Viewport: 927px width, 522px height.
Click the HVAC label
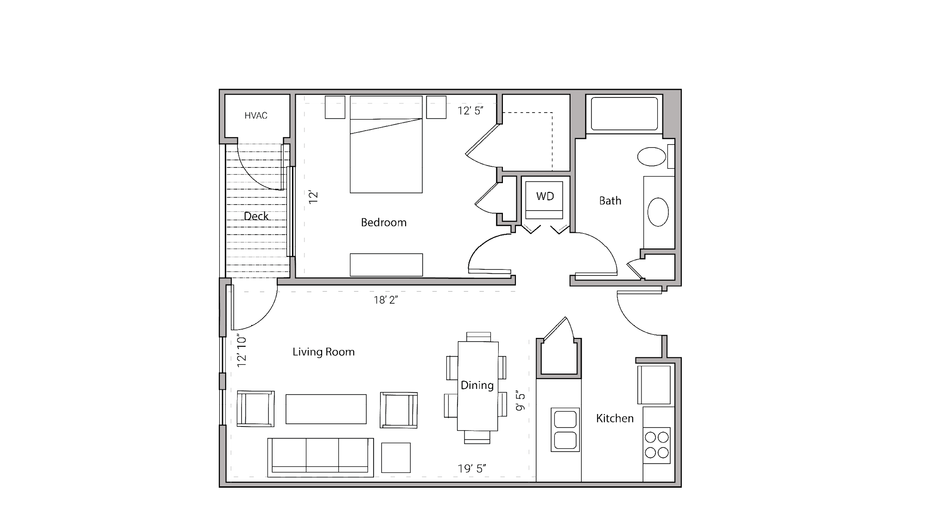point(256,115)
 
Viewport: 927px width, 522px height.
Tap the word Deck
point(256,216)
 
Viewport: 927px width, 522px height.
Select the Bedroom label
point(383,223)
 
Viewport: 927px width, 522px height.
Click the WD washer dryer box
point(545,197)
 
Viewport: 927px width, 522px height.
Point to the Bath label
point(610,201)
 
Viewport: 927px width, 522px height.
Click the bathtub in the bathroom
point(624,114)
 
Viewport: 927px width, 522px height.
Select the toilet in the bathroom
point(652,157)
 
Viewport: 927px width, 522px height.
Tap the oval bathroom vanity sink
point(658,212)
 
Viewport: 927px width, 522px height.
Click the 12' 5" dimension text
point(470,111)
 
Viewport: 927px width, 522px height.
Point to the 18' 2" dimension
point(386,300)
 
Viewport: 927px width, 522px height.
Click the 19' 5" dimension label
point(472,469)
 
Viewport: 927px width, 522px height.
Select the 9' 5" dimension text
point(521,401)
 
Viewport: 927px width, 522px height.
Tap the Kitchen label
point(615,419)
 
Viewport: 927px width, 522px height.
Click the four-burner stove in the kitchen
point(657,445)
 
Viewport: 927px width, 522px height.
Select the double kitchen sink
point(565,430)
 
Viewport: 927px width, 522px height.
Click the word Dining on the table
point(477,385)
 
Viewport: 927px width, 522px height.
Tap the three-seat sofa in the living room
point(321,457)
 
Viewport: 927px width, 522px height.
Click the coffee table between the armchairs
point(326,409)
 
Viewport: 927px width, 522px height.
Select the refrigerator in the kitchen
point(654,384)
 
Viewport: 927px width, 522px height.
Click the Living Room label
point(324,352)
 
